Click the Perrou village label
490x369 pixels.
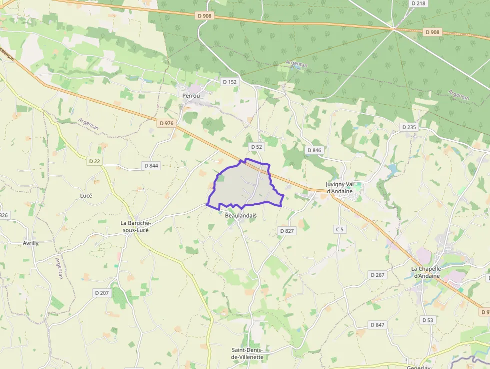click(x=191, y=95)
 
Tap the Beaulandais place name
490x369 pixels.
click(x=240, y=215)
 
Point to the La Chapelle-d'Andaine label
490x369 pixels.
click(x=425, y=272)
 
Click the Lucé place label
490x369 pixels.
click(x=86, y=195)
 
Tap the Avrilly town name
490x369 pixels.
click(x=30, y=243)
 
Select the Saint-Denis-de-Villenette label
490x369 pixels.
click(x=247, y=353)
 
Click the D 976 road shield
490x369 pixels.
click(x=166, y=123)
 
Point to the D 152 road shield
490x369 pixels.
click(x=228, y=81)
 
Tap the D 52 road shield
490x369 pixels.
click(x=256, y=146)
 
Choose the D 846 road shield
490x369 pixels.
click(x=314, y=150)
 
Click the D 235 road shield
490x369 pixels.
click(x=408, y=127)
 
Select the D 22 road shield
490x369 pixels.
click(x=94, y=161)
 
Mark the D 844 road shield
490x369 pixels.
click(x=150, y=165)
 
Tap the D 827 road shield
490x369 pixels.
click(x=286, y=230)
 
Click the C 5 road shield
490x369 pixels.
click(x=340, y=229)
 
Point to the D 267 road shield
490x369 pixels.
click(x=377, y=275)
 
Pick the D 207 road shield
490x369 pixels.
click(x=101, y=292)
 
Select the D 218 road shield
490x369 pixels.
click(x=418, y=3)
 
